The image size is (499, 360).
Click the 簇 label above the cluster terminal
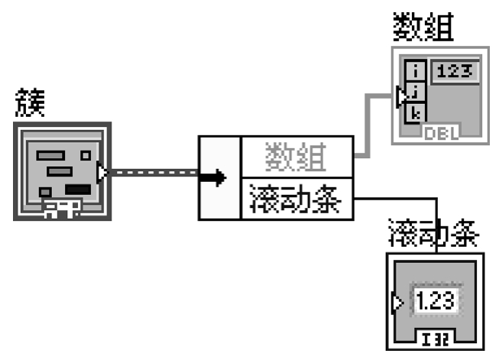click(30, 104)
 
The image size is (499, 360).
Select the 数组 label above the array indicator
click(423, 28)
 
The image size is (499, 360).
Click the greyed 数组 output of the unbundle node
click(297, 158)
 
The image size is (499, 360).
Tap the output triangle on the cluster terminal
click(103, 173)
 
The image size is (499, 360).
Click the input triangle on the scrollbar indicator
click(397, 303)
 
